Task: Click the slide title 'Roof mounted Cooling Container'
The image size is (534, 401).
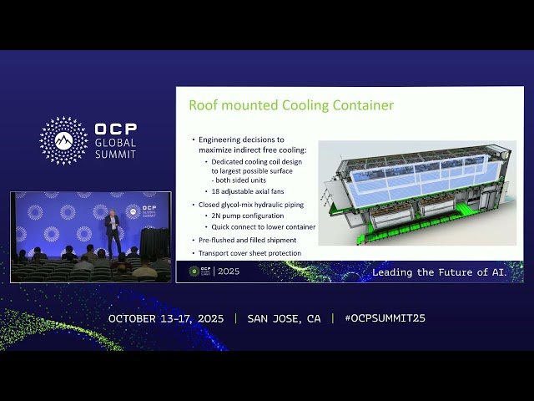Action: pos(290,106)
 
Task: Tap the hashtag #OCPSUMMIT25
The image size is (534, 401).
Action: pos(385,318)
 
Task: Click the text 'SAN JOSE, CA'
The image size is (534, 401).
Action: pos(284,318)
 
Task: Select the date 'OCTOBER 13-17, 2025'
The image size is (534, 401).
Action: pos(167,318)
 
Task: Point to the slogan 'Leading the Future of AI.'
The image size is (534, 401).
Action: pos(439,272)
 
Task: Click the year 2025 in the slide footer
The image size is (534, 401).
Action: pos(228,272)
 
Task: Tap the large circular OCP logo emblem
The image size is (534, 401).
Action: pos(63,140)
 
